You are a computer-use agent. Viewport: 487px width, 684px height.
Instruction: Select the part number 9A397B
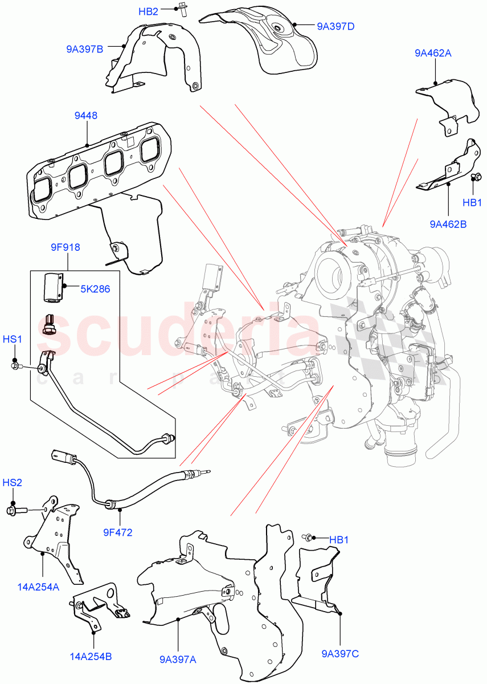point(84,49)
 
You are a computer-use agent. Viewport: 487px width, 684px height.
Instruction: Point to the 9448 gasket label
point(85,116)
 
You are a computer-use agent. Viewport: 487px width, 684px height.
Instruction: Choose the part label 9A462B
point(448,224)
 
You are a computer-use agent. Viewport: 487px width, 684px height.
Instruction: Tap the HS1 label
point(13,339)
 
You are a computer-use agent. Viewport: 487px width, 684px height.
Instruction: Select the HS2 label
point(13,482)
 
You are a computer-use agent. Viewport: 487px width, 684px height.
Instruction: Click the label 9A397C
point(340,654)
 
